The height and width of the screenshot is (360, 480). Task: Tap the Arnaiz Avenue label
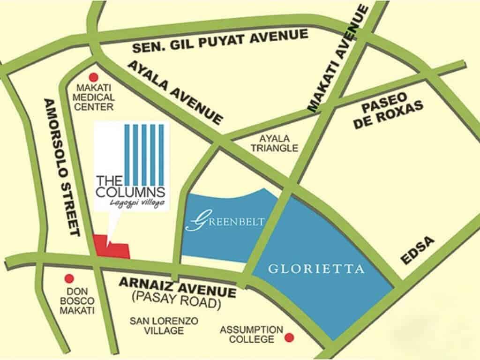pyautogui.click(x=177, y=287)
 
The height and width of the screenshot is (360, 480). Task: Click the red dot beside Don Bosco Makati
pyautogui.click(x=69, y=278)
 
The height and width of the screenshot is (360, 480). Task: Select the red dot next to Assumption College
pyautogui.click(x=290, y=337)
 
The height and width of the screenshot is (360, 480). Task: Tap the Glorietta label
pyautogui.click(x=316, y=269)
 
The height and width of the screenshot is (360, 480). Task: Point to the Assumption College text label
pyautogui.click(x=252, y=334)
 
